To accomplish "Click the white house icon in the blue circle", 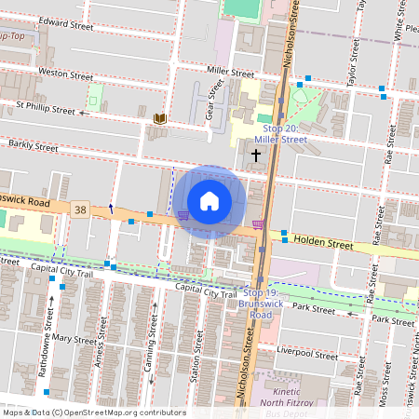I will click(x=209, y=201).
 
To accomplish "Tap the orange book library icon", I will click(x=160, y=118).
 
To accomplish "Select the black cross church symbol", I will click(x=256, y=155).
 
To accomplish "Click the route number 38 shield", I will click(x=81, y=210).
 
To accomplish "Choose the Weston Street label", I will click(x=65, y=74).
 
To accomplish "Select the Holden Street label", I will click(x=323, y=244).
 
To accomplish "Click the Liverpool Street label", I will click(x=307, y=355).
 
